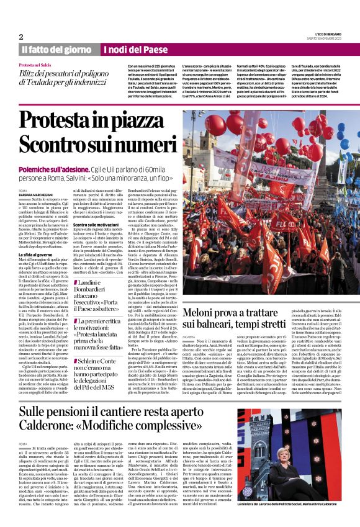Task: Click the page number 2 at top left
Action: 20,37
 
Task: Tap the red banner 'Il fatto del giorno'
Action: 57,50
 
